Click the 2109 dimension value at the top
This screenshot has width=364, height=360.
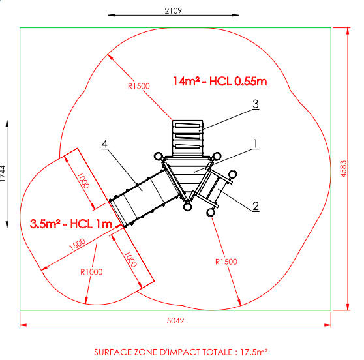coord(173,10)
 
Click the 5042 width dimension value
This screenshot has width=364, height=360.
coord(175,320)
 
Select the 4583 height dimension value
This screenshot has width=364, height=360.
coord(343,169)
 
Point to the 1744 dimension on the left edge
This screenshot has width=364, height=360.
coord(3,173)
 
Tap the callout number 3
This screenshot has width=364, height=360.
coord(255,104)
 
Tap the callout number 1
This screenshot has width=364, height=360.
coord(256,143)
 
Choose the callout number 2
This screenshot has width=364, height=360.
coord(256,206)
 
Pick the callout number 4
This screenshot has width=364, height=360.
coord(104,143)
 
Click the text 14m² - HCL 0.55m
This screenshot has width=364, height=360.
coord(220,82)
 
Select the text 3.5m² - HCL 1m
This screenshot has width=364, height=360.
coord(71,224)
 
